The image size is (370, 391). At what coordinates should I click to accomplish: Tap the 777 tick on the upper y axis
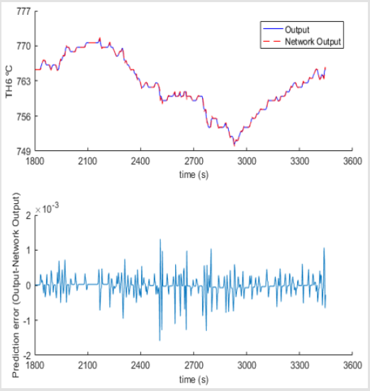tap(23, 11)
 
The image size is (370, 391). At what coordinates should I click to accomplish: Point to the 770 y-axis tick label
tap(23, 46)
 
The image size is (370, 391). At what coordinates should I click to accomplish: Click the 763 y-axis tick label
tap(23, 81)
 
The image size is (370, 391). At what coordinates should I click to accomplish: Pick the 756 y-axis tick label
tap(23, 116)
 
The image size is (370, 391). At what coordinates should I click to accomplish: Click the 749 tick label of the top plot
tap(23, 151)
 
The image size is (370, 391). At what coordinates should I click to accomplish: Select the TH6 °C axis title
tap(9, 81)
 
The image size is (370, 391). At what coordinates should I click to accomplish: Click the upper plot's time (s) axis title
tap(194, 174)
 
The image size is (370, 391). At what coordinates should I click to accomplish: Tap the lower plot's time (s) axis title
tap(194, 379)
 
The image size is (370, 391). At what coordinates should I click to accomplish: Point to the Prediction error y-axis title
tap(16, 285)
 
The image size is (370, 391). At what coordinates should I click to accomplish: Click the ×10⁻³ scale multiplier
tap(47, 208)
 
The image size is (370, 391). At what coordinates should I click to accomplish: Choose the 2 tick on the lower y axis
tap(28, 215)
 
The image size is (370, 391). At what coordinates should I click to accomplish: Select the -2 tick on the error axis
tap(27, 356)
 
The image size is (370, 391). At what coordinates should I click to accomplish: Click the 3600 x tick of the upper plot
tap(352, 161)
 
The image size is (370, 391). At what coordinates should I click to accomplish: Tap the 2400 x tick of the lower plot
tap(140, 365)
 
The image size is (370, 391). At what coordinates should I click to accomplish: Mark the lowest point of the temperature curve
tap(234, 145)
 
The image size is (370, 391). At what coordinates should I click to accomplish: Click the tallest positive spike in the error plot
tap(160, 239)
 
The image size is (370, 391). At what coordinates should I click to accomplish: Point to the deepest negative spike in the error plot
tap(159, 341)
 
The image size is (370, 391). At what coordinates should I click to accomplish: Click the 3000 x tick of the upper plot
tap(247, 161)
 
